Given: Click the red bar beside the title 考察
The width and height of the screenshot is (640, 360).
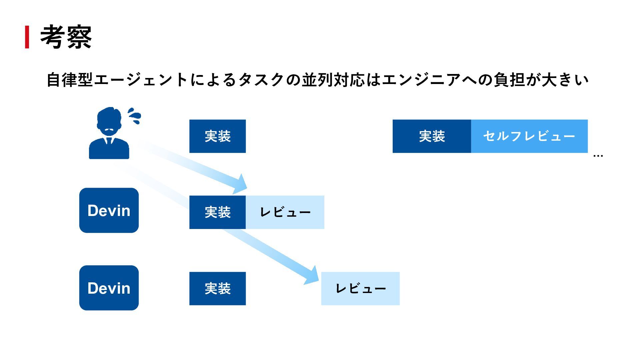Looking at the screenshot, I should [27, 37].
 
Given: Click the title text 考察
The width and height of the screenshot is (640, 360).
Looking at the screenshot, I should [66, 37].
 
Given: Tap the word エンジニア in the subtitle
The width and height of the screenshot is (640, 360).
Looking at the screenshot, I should [421, 80].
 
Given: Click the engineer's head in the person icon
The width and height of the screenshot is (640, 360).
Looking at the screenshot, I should [109, 120].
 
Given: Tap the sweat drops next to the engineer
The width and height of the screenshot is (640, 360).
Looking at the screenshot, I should [135, 116].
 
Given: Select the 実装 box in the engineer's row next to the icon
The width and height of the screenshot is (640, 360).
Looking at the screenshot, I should [217, 136].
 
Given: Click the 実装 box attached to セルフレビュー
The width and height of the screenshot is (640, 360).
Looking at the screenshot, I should [432, 136].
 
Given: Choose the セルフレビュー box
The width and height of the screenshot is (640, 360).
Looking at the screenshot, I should [529, 136].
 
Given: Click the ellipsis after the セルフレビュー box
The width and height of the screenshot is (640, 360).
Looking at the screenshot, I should [598, 155].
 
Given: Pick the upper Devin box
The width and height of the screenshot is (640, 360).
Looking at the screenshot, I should [109, 210].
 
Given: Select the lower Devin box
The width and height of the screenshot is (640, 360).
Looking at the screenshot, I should [109, 288].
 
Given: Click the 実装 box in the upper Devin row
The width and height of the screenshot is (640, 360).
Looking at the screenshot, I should [217, 212].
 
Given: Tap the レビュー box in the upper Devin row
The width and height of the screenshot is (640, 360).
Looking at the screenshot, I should [285, 212].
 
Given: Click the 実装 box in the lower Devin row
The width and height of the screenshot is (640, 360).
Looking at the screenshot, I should [217, 289].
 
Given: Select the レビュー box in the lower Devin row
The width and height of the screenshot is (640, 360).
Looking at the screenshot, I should [360, 289].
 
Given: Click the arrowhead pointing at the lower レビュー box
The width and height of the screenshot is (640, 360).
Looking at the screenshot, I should [312, 276].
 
